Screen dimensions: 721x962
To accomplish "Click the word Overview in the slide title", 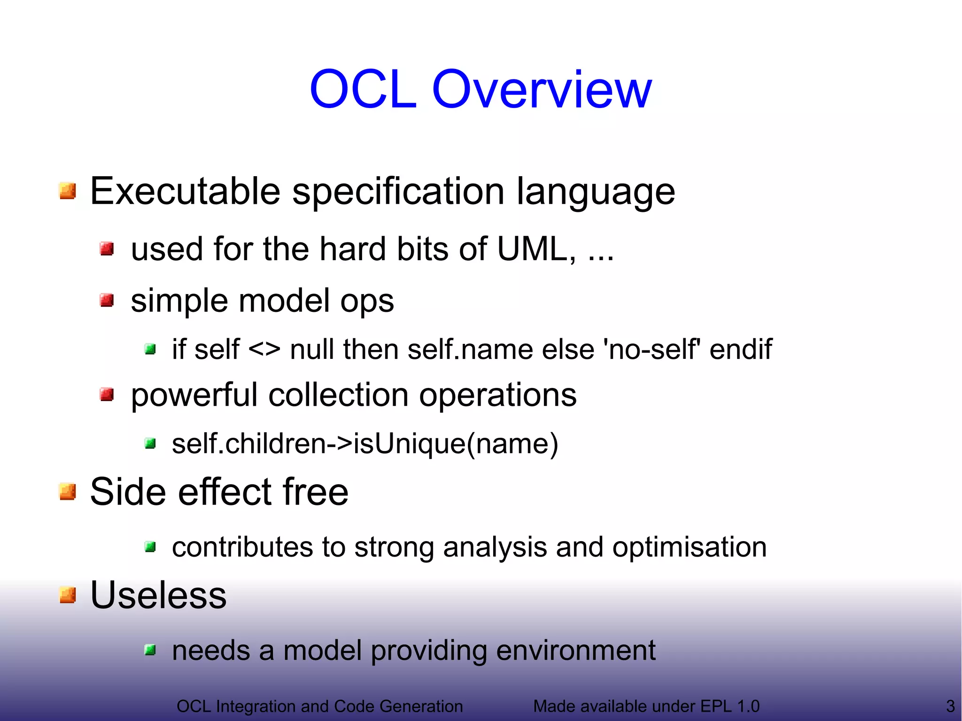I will tap(542, 89).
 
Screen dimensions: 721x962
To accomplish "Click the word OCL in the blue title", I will tap(363, 89).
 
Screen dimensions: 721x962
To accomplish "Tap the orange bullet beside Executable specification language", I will tap(68, 191).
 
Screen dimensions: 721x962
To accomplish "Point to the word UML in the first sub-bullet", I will tap(532, 248).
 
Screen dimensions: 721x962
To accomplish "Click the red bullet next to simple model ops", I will tap(107, 300).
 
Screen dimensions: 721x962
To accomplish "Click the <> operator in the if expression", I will tap(264, 349).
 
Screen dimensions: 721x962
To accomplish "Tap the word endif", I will tap(740, 349).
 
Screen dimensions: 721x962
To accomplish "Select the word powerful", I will tap(194, 395).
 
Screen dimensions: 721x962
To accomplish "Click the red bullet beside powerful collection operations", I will tap(107, 395).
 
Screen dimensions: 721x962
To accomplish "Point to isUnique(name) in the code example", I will tap(456, 443).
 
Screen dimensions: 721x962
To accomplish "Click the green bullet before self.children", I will tap(150, 443).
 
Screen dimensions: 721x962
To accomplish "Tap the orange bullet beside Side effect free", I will tap(68, 492).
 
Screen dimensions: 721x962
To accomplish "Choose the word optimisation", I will tap(689, 547).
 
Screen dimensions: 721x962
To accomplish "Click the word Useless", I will tap(158, 595).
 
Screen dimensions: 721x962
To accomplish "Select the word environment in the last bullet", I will tap(575, 651).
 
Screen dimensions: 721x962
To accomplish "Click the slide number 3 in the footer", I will tap(950, 706).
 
